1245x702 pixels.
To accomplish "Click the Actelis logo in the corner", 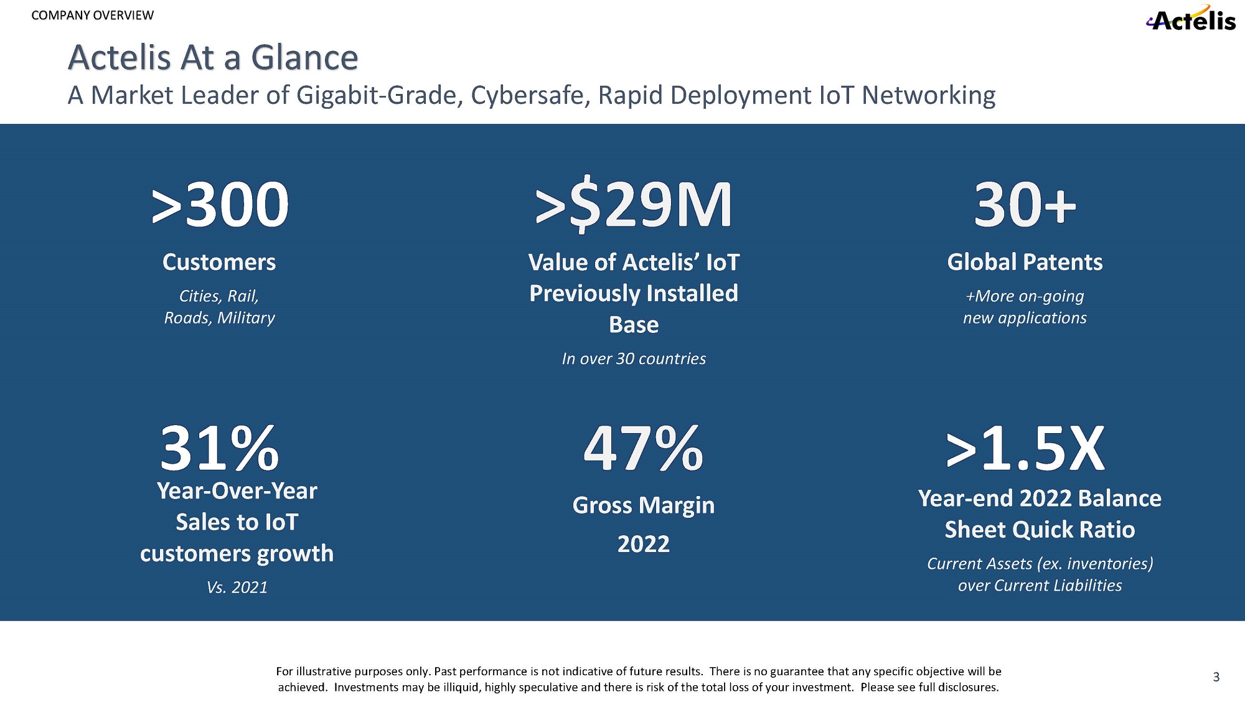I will point(1191,19).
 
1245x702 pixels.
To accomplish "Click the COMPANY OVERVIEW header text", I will point(92,16).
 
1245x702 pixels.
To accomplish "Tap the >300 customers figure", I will point(220,204).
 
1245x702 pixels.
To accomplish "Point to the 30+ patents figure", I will point(1025,204).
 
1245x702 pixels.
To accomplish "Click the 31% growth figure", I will point(219,448).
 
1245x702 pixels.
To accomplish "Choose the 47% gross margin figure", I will point(643,448).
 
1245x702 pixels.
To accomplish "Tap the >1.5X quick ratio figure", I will point(1025,448).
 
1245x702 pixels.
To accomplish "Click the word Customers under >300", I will point(219,262).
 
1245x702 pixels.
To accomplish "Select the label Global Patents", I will point(1025,262).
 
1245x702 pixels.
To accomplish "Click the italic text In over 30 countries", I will point(634,358).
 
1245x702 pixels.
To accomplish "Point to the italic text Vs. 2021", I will point(237,587).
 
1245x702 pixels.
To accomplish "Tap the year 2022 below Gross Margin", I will point(643,544).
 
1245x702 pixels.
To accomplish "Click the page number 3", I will point(1216,677).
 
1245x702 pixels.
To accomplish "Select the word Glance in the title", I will point(304,58).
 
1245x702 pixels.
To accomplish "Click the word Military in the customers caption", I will point(246,318).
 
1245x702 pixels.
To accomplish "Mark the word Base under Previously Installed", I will point(634,325).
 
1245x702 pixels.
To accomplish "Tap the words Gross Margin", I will point(643,505).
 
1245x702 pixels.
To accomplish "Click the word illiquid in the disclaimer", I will point(459,688).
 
